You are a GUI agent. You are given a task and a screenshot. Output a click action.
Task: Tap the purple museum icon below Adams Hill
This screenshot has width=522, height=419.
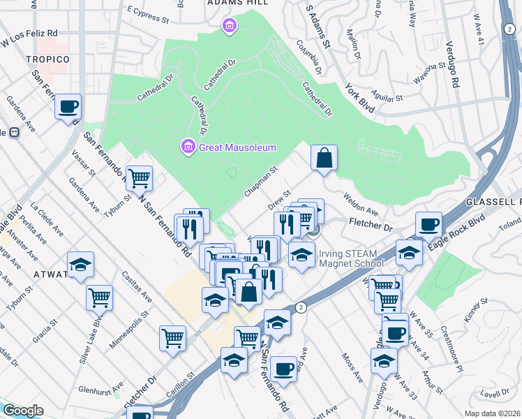[228, 27]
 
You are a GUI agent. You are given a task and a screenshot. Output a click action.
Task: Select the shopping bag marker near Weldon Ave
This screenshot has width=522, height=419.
[325, 159]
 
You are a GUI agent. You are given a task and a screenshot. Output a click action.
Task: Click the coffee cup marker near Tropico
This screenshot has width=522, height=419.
[68, 108]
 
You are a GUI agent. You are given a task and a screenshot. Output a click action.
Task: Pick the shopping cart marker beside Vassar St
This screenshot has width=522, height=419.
[140, 178]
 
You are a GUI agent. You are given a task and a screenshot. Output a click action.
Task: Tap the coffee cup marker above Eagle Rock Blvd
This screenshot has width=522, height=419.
[428, 225]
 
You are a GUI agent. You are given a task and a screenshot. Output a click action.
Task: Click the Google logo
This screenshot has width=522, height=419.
[23, 411]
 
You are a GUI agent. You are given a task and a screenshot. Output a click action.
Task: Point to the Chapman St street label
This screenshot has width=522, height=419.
[261, 181]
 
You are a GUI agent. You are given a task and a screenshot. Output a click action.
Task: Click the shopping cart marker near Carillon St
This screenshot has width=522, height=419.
[172, 339]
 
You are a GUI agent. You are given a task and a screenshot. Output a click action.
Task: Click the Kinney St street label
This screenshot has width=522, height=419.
[475, 311]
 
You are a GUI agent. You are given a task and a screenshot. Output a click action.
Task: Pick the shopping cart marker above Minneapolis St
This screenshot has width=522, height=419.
[99, 297]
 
